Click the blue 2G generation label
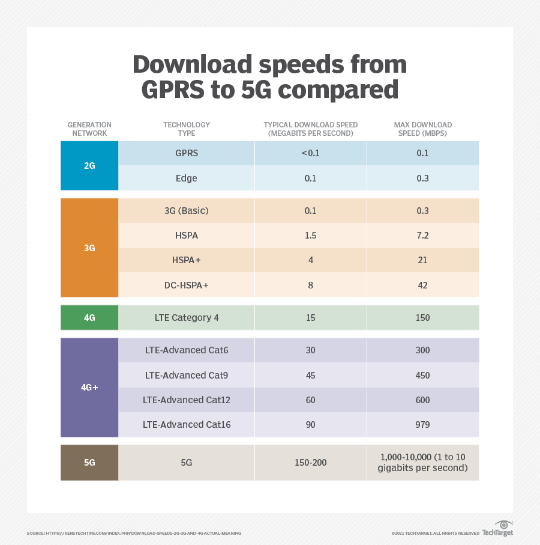[x=89, y=166]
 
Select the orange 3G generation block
[x=89, y=248]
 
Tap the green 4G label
[x=89, y=318]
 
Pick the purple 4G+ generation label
[x=89, y=388]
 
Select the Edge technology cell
[x=187, y=178]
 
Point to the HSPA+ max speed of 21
[x=422, y=260]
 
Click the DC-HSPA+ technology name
[x=187, y=285]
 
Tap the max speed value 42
[x=422, y=285]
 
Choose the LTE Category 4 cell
[x=187, y=318]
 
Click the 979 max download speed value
[x=422, y=425]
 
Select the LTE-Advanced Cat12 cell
[x=187, y=400]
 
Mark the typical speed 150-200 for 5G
[x=310, y=463]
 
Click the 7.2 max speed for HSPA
[x=422, y=236]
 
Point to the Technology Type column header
[x=187, y=129]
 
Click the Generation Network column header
[x=89, y=129]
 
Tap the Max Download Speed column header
[x=422, y=129]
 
